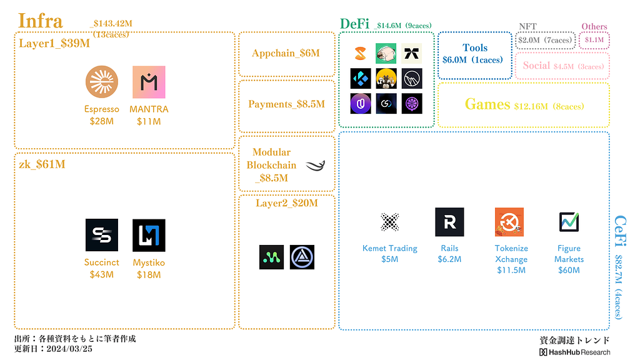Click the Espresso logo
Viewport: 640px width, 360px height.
102,82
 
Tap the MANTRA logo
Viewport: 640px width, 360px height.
149,82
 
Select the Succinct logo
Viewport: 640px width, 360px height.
102,235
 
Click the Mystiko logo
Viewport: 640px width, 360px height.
149,235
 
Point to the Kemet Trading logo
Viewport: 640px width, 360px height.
389,222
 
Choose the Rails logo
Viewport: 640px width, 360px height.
449,222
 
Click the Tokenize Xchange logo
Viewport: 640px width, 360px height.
509,222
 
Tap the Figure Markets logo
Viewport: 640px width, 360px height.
569,222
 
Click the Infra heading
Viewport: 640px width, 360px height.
41,21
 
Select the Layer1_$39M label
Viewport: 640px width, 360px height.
54,43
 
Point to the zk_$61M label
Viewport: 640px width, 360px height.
42,164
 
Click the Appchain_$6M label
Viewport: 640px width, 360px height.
286,53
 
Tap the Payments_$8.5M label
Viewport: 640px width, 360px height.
286,104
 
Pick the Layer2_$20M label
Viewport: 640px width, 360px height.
286,203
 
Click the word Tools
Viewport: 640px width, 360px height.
475,48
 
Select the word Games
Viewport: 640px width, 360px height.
487,104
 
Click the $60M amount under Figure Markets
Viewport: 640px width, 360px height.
569,270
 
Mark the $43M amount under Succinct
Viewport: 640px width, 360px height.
102,274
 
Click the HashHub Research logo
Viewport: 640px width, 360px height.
574,352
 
